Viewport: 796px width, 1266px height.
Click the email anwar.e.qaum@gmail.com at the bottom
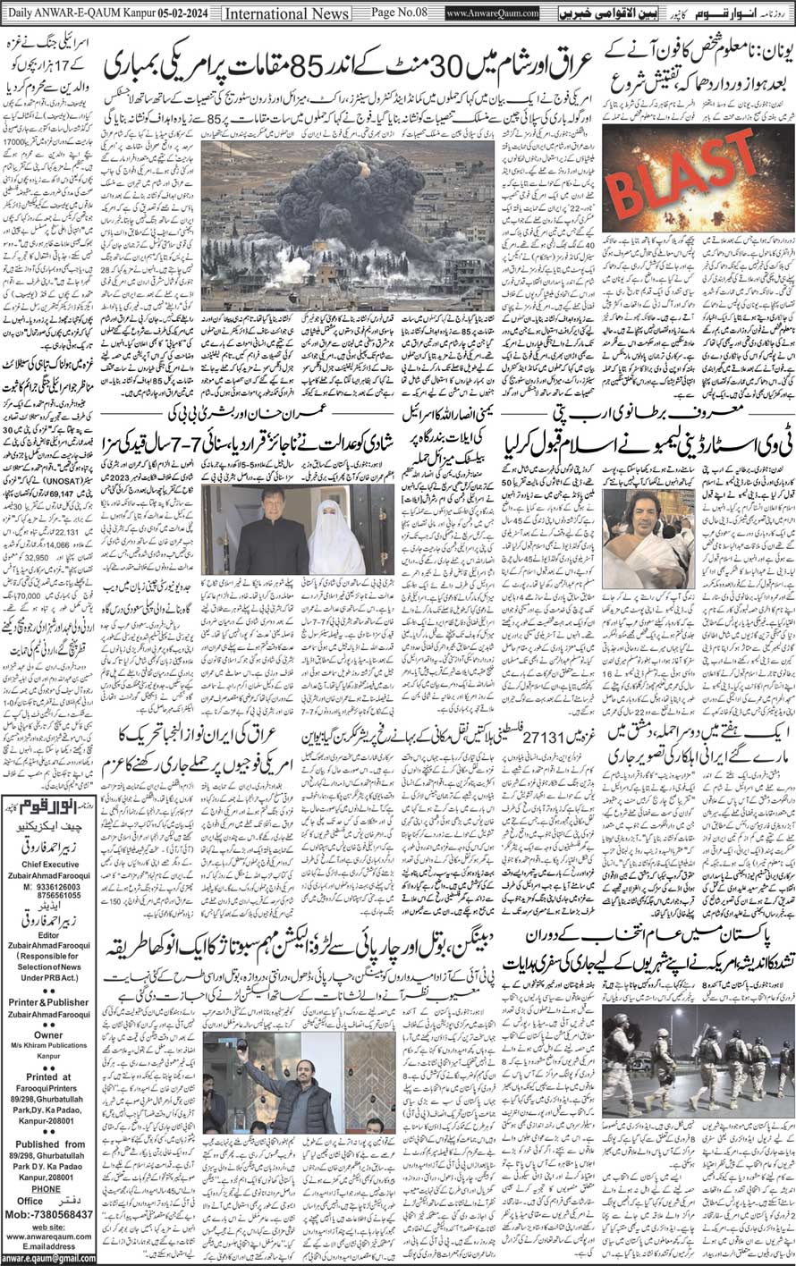(x=54, y=1259)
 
